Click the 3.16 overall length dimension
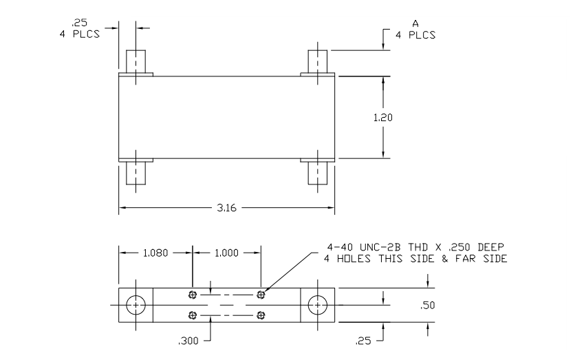[226, 208]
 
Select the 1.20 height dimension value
[383, 118]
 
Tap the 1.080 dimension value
[155, 253]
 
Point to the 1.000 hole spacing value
[226, 253]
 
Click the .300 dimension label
[188, 341]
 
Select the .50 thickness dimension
[428, 306]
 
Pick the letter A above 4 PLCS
[415, 24]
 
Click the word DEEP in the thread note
[491, 247]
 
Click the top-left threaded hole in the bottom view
[193, 295]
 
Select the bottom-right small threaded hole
[261, 316]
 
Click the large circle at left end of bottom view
[136, 305]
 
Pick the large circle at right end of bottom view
[318, 305]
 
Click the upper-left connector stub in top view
[136, 61]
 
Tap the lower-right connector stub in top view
[318, 173]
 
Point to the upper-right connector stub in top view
[318, 61]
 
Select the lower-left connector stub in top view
[136, 173]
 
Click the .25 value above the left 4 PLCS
[79, 22]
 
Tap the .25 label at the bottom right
[363, 341]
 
